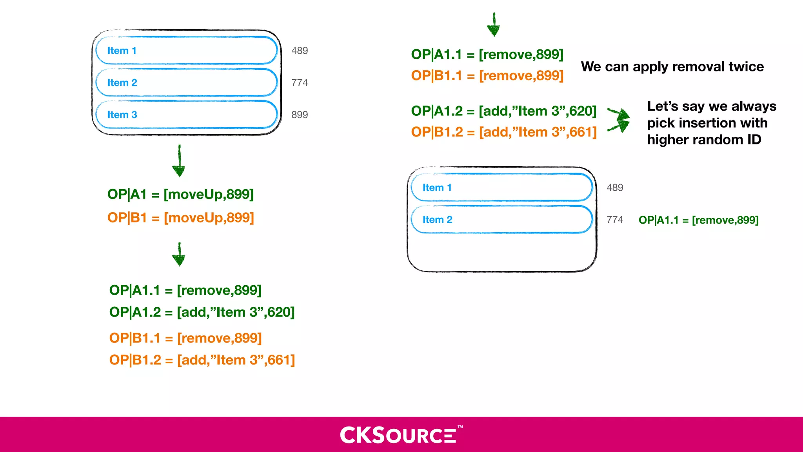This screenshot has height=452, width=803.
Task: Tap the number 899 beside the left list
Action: click(x=300, y=115)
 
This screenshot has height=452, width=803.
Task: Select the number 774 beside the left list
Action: click(x=300, y=83)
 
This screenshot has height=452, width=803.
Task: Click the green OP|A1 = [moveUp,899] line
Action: click(x=180, y=194)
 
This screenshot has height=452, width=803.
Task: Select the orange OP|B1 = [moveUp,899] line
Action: click(x=180, y=217)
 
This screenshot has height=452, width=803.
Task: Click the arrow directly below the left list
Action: click(x=179, y=161)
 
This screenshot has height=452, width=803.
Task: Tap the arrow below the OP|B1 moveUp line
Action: click(x=179, y=254)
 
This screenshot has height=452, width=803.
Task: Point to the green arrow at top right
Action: click(x=494, y=25)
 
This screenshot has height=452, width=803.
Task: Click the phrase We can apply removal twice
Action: click(x=672, y=67)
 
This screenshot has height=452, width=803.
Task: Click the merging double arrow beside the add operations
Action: click(x=620, y=120)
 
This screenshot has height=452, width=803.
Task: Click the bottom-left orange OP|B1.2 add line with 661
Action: click(x=202, y=360)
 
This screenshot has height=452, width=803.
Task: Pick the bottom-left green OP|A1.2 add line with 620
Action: click(x=202, y=312)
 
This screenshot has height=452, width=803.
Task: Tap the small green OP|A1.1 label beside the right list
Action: click(x=698, y=220)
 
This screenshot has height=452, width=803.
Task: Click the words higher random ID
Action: click(x=704, y=140)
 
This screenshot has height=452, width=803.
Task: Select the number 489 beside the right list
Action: click(x=615, y=188)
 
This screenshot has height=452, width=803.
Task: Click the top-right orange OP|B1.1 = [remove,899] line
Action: click(x=487, y=75)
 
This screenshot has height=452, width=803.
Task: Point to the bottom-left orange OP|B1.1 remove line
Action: click(x=185, y=338)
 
